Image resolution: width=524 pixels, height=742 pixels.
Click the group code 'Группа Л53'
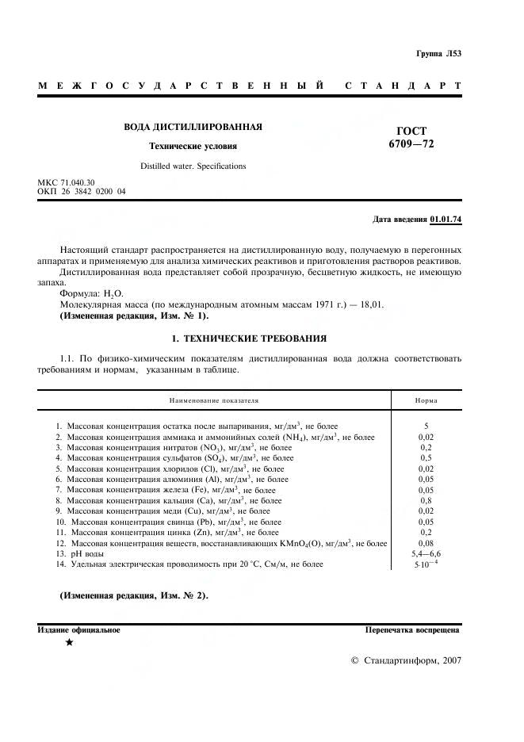click(x=438, y=54)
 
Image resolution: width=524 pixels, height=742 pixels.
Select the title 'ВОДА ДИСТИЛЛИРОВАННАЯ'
click(x=193, y=127)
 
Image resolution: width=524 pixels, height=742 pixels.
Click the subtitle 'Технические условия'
click(x=193, y=146)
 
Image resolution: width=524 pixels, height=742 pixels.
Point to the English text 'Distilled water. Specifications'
click(x=193, y=166)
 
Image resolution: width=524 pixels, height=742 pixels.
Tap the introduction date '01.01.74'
click(x=445, y=218)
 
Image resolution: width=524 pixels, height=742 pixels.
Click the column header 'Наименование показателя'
click(x=212, y=401)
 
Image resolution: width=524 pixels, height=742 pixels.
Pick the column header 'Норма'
click(x=426, y=401)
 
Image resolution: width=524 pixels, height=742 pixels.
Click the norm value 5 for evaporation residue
click(x=426, y=426)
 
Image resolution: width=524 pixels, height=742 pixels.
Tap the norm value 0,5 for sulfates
click(x=426, y=458)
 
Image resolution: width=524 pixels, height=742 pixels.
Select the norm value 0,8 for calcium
click(x=426, y=501)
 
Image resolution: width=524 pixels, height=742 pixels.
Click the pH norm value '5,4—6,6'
click(x=426, y=554)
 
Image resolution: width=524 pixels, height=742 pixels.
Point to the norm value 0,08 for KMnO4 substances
click(x=426, y=544)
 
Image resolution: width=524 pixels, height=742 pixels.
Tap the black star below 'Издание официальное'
click(x=69, y=643)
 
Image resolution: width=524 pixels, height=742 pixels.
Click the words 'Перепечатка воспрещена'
click(x=412, y=630)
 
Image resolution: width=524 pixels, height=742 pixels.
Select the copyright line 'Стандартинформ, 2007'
click(x=405, y=660)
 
